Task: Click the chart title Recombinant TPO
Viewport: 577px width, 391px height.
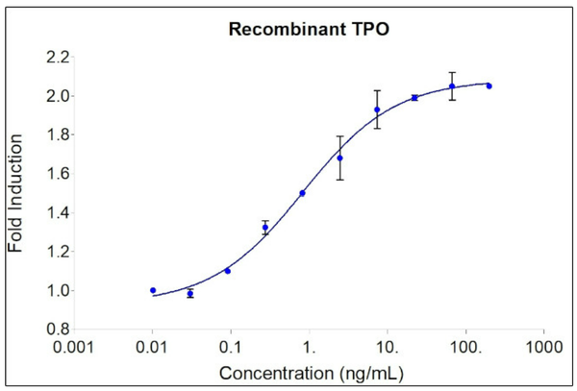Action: click(308, 29)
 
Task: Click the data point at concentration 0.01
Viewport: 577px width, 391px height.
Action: click(152, 290)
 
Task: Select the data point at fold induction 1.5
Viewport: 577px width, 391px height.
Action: click(302, 193)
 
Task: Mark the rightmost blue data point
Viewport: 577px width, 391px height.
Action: click(489, 86)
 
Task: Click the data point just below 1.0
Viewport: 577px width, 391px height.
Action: click(189, 293)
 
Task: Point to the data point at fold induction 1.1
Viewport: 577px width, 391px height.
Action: click(227, 271)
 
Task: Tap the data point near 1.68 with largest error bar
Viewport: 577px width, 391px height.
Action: click(339, 158)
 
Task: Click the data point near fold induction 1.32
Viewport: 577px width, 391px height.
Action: click(264, 228)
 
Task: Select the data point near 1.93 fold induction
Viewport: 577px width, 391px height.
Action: click(377, 110)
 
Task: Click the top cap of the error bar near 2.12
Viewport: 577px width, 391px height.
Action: click(452, 72)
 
